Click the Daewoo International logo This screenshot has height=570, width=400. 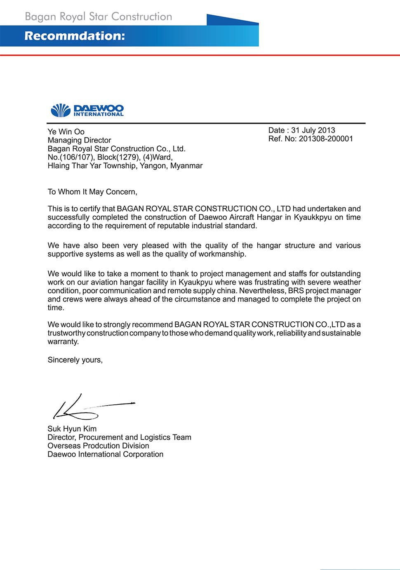[x=87, y=110]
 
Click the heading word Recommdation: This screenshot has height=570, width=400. [x=75, y=36]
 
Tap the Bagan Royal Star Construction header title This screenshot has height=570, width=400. [x=99, y=17]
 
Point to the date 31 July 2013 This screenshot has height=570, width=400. [x=313, y=130]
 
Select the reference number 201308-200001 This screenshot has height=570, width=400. [x=326, y=139]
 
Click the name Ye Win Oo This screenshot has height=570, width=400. [x=66, y=132]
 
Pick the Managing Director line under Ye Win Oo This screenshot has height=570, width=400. [x=79, y=140]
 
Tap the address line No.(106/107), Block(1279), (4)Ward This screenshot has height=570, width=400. [x=110, y=157]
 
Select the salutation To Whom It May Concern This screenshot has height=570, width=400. [x=92, y=192]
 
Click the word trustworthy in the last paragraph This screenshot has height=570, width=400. [x=66, y=333]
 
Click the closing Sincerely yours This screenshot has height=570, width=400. [x=75, y=360]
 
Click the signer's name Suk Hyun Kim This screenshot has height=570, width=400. [x=72, y=429]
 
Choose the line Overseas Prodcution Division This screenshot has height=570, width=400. [x=98, y=446]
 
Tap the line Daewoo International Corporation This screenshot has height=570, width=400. [x=106, y=454]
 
